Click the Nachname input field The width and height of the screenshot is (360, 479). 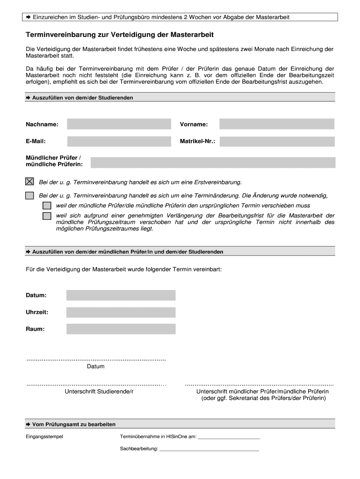(120, 124)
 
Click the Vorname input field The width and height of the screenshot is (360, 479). (277, 124)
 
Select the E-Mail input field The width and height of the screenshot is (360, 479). (120, 141)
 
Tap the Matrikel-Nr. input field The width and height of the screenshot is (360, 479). (277, 141)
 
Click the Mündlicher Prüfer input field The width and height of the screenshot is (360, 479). (213, 162)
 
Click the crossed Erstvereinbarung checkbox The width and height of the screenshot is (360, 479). (29, 181)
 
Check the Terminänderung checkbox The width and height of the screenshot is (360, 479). (29, 196)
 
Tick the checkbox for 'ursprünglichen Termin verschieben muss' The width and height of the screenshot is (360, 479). (47, 206)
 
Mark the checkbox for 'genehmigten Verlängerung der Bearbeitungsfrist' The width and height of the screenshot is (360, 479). (47, 216)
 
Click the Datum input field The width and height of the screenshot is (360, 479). (121, 295)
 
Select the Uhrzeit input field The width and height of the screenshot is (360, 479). (121, 312)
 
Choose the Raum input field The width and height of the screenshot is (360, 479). (121, 329)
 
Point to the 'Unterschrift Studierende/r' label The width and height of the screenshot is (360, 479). (99, 392)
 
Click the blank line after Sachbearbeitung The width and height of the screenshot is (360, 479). (209, 450)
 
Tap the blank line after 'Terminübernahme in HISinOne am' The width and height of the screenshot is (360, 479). (229, 438)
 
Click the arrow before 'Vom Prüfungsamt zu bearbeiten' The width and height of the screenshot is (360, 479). (28, 424)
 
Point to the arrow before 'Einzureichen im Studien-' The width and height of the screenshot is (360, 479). (28, 17)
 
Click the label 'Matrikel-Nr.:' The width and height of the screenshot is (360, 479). (197, 141)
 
